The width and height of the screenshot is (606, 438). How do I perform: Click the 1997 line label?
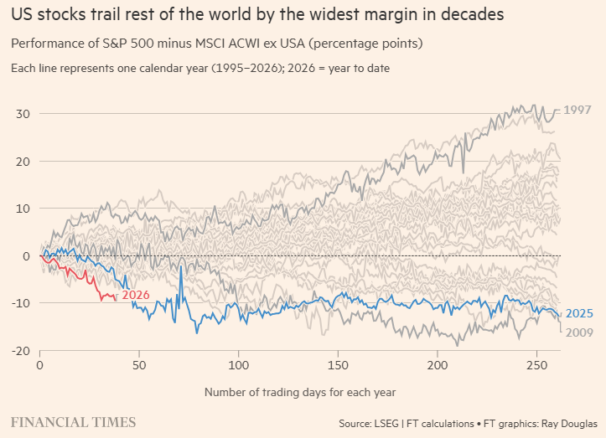[578, 111]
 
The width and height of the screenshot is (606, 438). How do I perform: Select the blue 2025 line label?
[579, 314]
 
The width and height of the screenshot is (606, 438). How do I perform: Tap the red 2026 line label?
[136, 295]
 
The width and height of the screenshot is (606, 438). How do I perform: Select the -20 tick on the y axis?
[22, 351]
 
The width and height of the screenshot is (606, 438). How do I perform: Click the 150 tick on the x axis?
[339, 366]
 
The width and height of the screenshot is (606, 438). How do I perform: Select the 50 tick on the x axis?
[139, 366]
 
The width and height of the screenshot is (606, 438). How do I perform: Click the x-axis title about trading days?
[299, 391]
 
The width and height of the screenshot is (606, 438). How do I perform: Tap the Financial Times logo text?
[73, 421]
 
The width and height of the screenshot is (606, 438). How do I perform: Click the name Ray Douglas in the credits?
[570, 422]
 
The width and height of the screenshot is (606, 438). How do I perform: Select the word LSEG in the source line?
[391, 422]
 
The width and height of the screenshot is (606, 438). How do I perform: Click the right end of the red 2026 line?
[116, 298]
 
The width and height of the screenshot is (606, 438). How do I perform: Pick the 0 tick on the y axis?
[27, 256]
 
